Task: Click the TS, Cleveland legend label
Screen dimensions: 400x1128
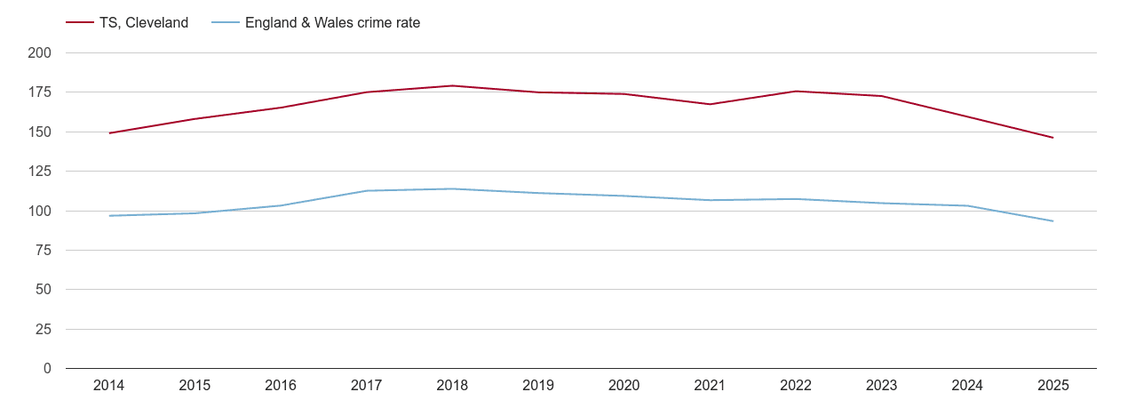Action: tap(145, 23)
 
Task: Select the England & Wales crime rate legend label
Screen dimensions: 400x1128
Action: tap(332, 23)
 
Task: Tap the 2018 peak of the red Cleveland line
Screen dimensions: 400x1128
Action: tap(452, 85)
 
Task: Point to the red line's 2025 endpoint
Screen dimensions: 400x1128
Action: tap(1053, 138)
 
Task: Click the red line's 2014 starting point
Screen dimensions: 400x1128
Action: tap(109, 133)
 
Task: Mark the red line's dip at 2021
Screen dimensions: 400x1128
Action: tap(710, 104)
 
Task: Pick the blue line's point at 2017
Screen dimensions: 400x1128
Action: tap(367, 190)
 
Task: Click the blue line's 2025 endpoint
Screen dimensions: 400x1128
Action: tap(1053, 221)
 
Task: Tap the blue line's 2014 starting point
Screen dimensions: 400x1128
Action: tap(109, 216)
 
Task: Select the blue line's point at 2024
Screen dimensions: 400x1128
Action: tap(967, 205)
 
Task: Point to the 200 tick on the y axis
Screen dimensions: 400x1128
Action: tap(40, 53)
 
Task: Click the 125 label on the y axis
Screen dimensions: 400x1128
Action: tap(40, 172)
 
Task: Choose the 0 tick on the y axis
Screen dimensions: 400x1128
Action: tap(46, 369)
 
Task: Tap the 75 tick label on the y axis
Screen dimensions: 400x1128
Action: tap(44, 251)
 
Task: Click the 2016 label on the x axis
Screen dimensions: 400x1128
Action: tap(281, 386)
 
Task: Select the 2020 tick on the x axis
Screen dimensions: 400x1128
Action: tap(624, 386)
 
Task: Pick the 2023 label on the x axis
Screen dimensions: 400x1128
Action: tap(881, 386)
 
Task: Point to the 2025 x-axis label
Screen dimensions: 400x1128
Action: tap(1053, 386)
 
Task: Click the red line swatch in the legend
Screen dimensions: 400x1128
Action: tap(80, 23)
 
